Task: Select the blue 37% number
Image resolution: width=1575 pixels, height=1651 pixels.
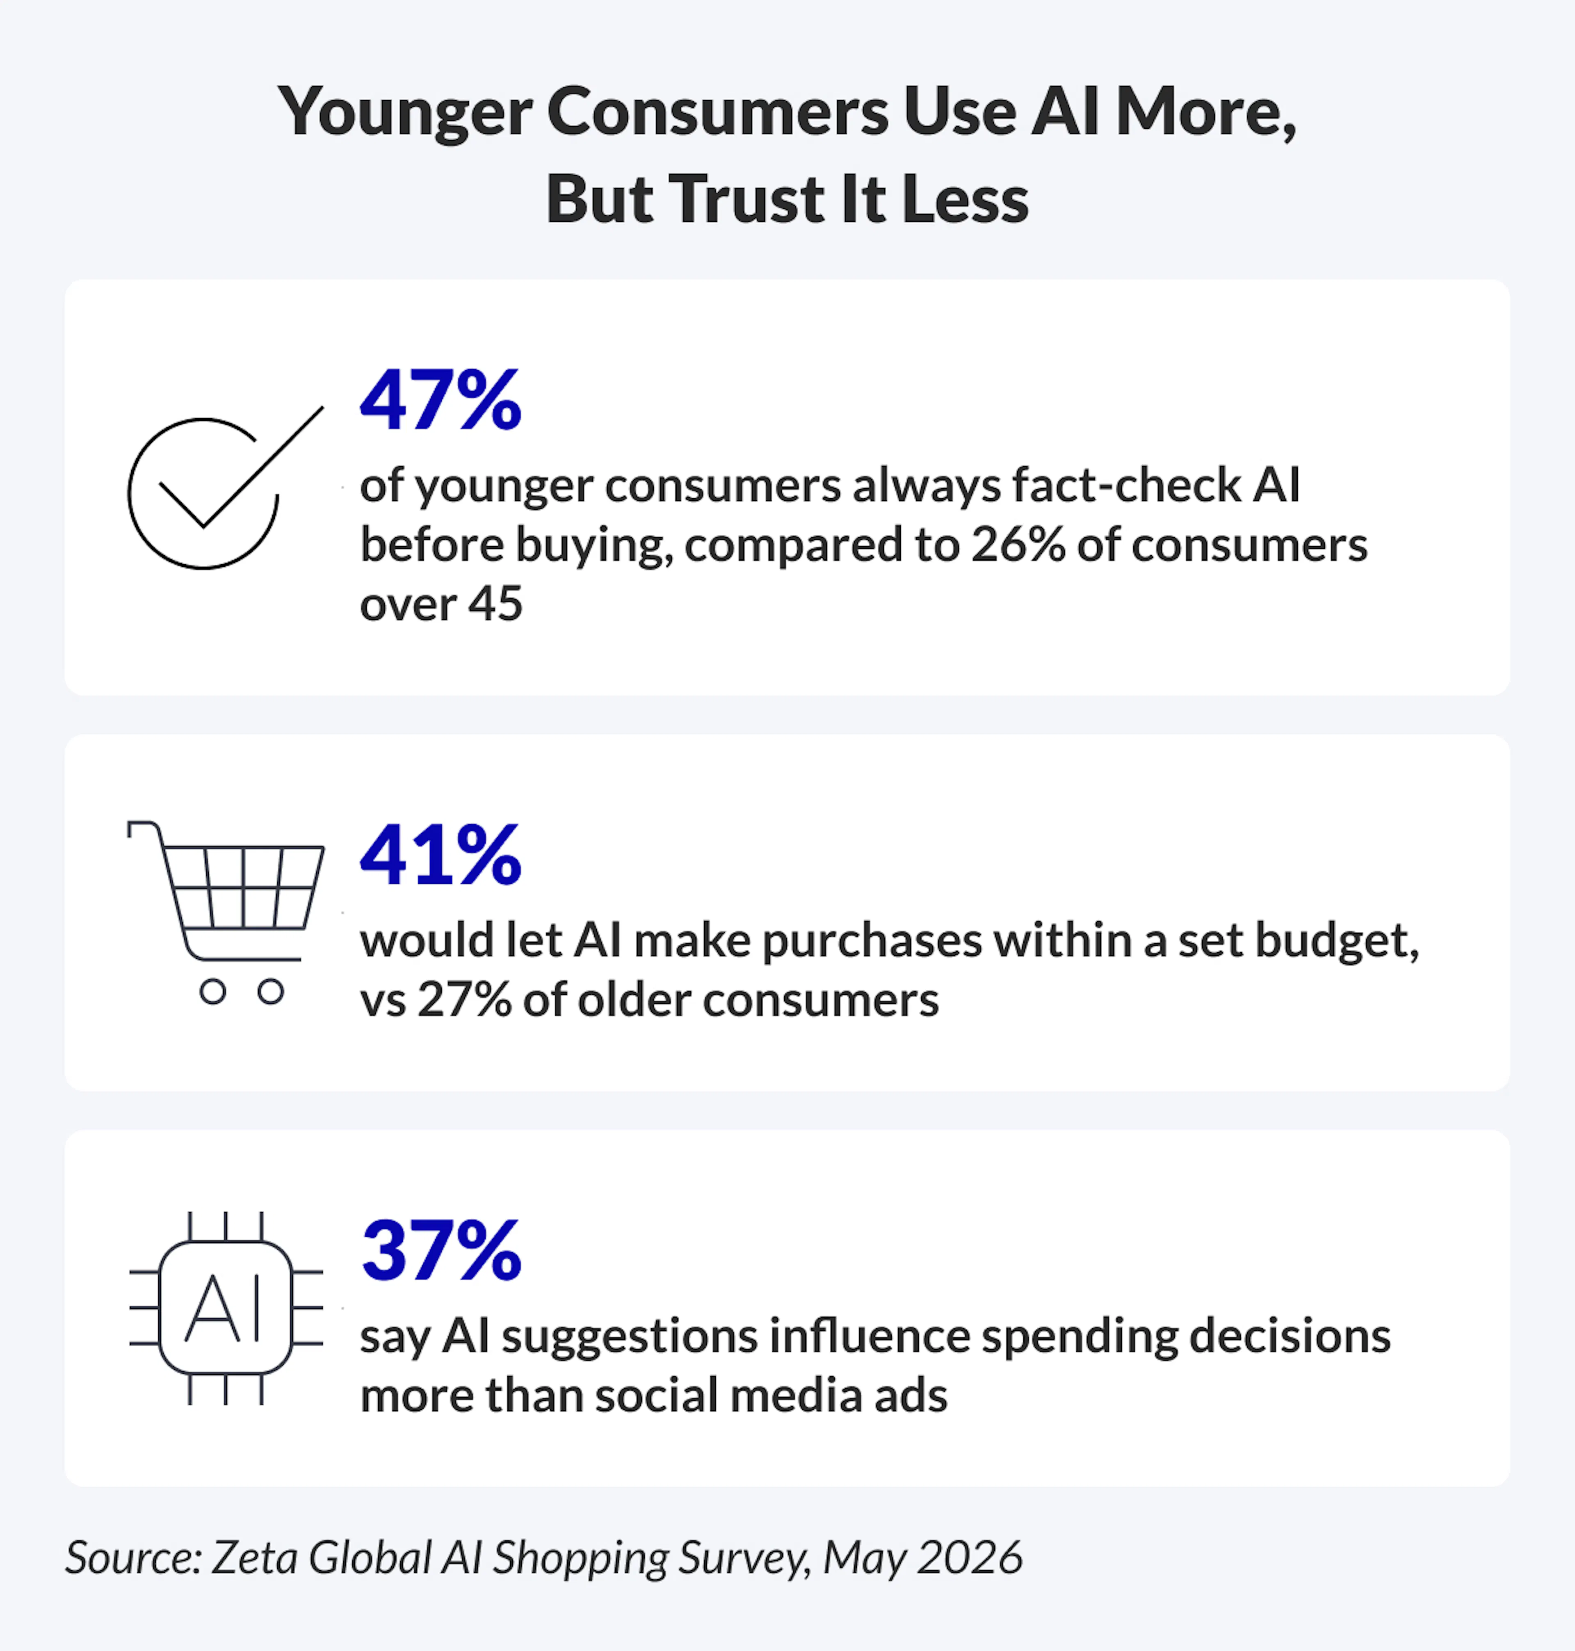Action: tap(442, 1251)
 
